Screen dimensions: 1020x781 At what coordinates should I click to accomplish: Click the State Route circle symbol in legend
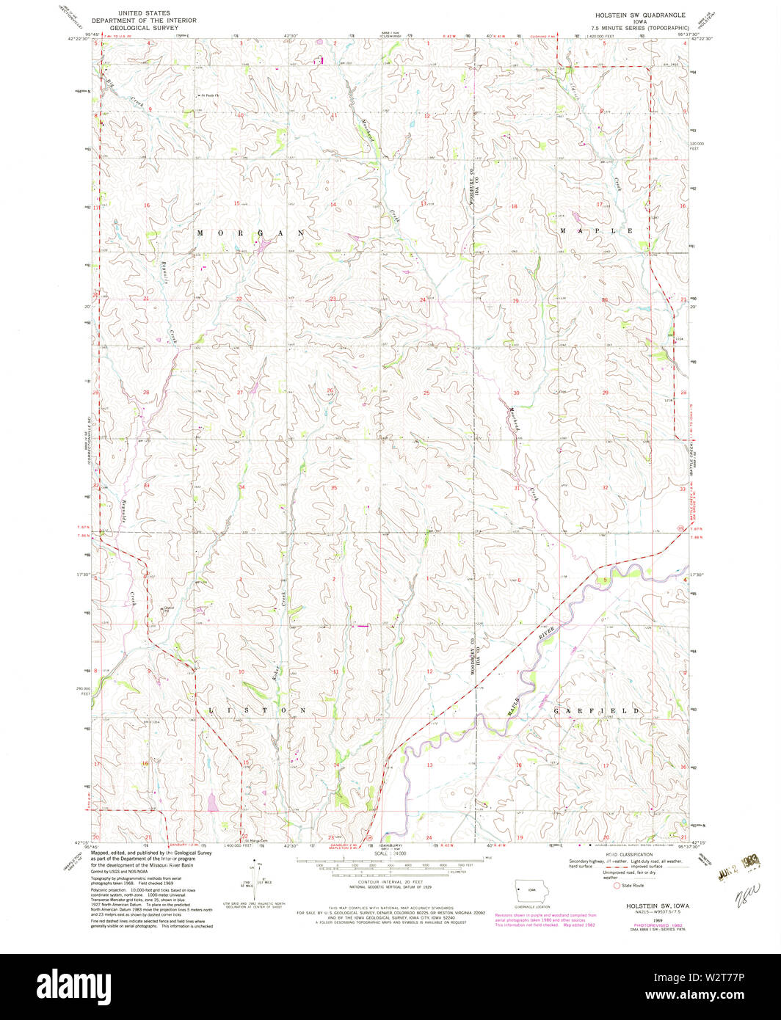pyautogui.click(x=617, y=885)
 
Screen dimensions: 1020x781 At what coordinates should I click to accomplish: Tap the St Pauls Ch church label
pyautogui.click(x=211, y=95)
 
